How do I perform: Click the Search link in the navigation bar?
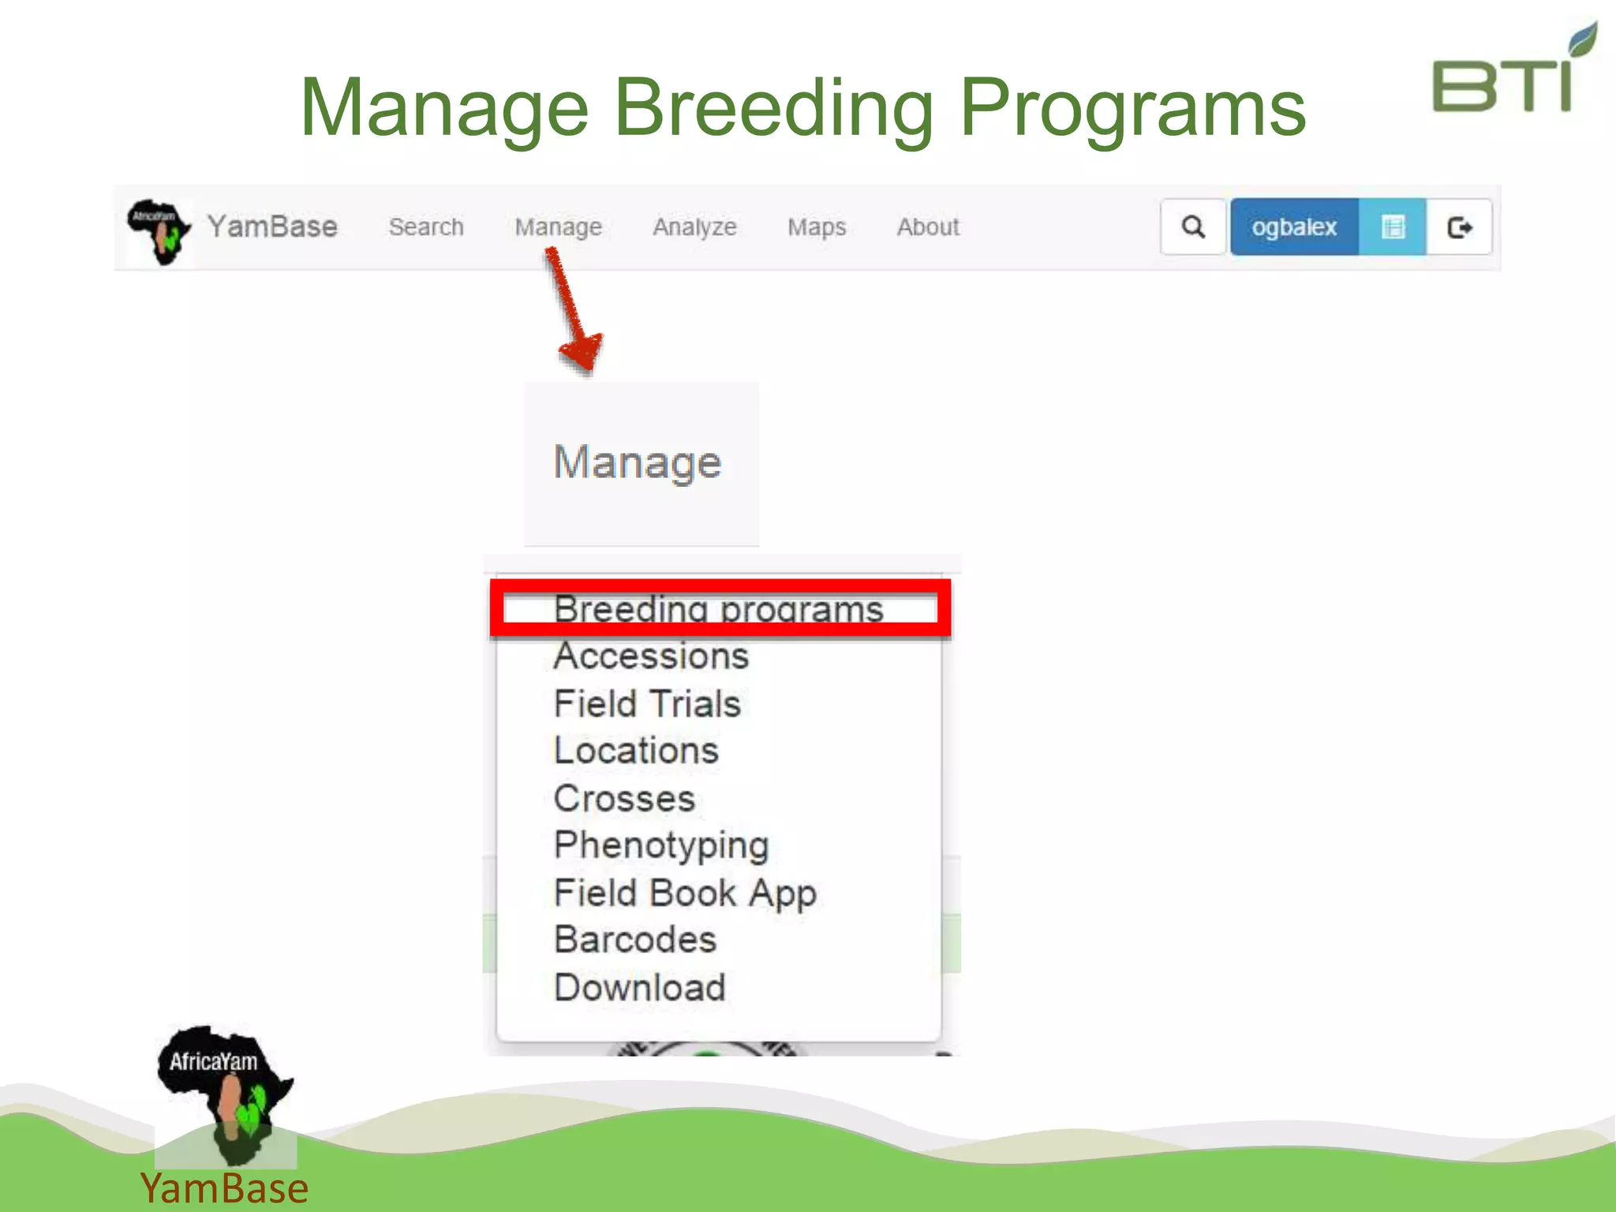(426, 227)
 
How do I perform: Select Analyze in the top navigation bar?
(694, 227)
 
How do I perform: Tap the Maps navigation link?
(817, 227)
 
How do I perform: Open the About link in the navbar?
(928, 227)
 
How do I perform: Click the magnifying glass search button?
(1193, 227)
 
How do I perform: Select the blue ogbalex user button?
(1294, 227)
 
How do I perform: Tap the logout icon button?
(1460, 227)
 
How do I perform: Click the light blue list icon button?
(1393, 227)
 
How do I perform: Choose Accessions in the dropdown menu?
(651, 656)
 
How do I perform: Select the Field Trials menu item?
(648, 704)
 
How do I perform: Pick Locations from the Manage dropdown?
(637, 750)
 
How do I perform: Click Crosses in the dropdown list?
(624, 799)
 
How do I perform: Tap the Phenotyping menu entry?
(661, 845)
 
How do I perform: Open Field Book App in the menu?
(685, 893)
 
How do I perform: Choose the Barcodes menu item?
(635, 940)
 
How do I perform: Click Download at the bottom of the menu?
(640, 988)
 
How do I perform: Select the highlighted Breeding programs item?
(719, 608)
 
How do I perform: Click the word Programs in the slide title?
(1133, 108)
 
